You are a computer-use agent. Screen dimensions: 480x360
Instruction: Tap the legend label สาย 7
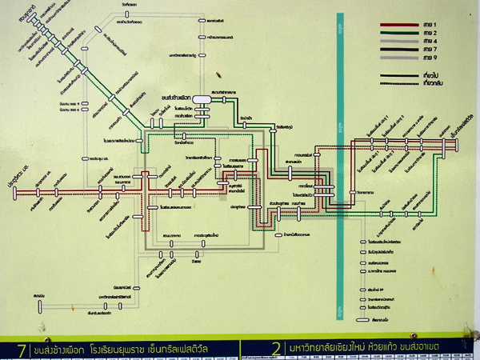coord(430,49)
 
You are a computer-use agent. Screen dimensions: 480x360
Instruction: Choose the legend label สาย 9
coord(430,58)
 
